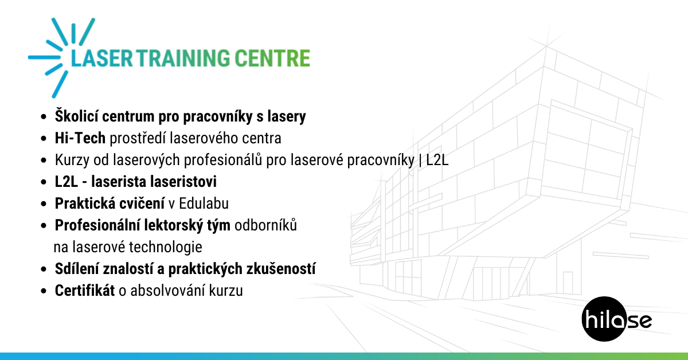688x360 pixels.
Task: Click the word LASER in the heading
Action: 101,58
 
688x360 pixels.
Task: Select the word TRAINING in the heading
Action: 183,58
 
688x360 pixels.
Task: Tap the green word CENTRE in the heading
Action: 272,58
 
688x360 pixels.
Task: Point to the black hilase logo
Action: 616,319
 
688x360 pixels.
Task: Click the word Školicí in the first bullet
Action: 76,116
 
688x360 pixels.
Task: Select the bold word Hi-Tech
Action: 80,138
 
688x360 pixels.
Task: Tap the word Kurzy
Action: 72,160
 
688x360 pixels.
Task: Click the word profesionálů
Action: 223,160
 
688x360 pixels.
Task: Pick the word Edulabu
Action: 204,204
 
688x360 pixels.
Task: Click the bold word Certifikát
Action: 85,291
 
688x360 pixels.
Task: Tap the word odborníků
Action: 265,225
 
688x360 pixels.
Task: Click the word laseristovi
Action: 154,182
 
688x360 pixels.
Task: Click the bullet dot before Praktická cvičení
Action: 44,204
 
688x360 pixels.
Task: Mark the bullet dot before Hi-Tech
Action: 44,138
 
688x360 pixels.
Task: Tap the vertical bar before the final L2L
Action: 420,160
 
